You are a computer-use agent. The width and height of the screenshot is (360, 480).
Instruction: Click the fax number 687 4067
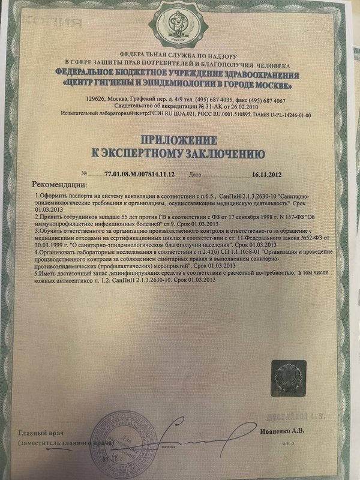point(271,100)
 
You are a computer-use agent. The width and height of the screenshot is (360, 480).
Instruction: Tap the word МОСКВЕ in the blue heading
point(275,83)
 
